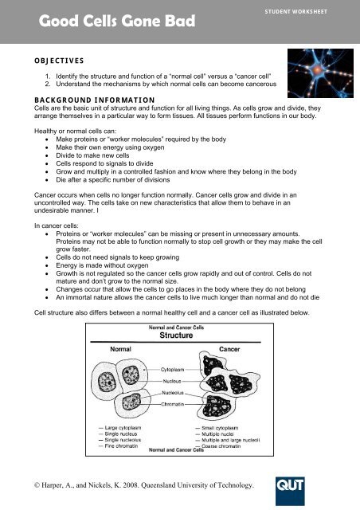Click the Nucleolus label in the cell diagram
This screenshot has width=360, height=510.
tap(176, 392)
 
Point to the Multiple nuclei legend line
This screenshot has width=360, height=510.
tap(224, 433)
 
